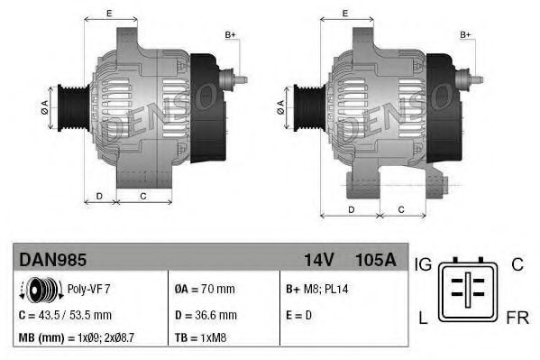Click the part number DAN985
click(53, 261)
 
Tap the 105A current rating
click(377, 261)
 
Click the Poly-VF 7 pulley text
click(88, 290)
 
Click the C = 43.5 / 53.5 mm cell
click(65, 315)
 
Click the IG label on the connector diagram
click(424, 263)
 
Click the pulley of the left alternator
click(71, 107)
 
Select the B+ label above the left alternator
click(230, 34)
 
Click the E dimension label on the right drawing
click(346, 13)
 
